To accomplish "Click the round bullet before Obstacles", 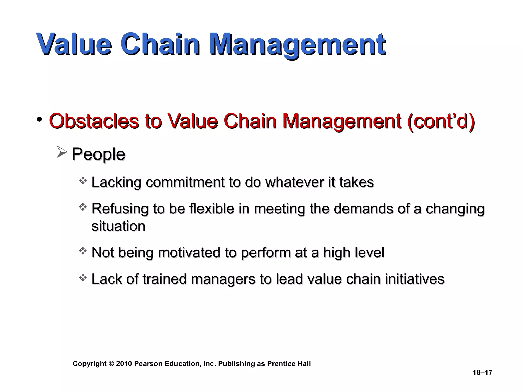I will (x=39, y=119).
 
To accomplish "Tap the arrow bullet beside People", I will (x=62, y=152).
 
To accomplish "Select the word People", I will (x=98, y=154).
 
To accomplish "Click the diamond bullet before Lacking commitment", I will (x=83, y=181).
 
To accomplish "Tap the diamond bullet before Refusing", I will (x=83, y=207).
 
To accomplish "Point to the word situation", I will (x=118, y=226).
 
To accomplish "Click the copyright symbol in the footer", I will (x=111, y=364).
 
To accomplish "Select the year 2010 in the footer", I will (x=124, y=364).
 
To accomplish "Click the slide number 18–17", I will (x=482, y=373).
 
